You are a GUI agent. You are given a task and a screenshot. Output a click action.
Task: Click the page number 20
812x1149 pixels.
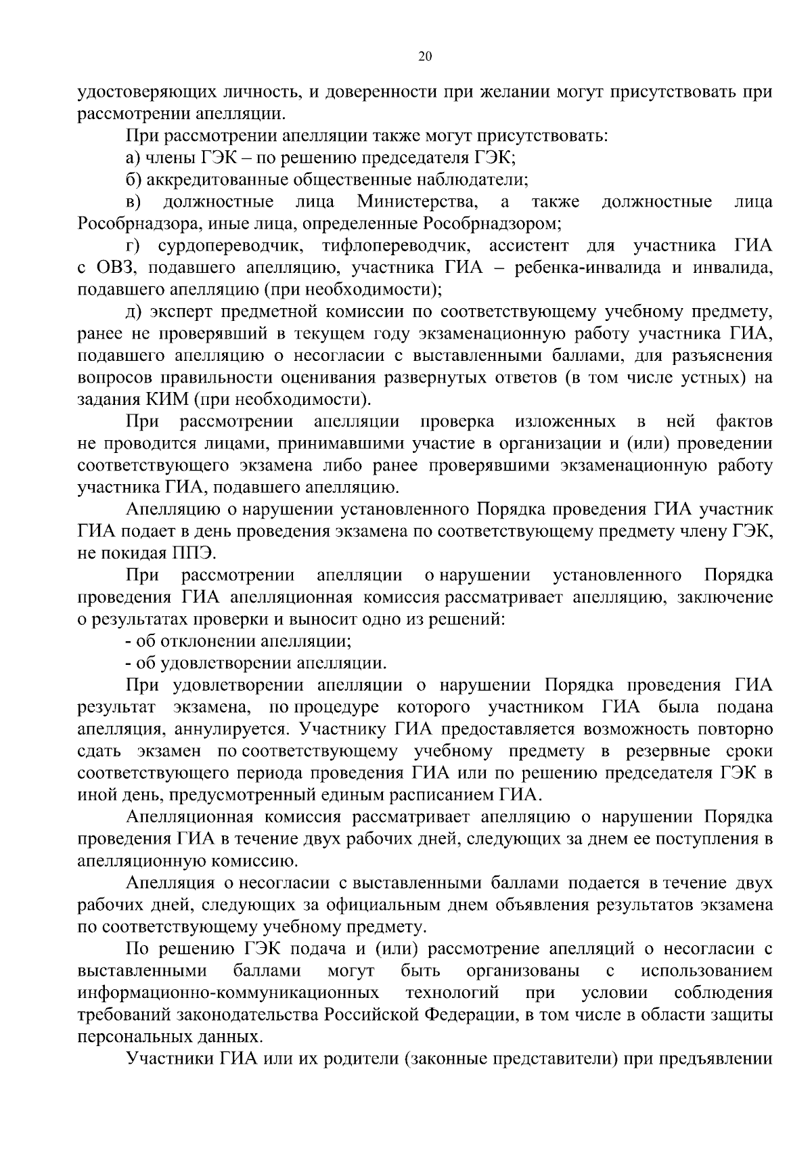pos(426,57)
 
